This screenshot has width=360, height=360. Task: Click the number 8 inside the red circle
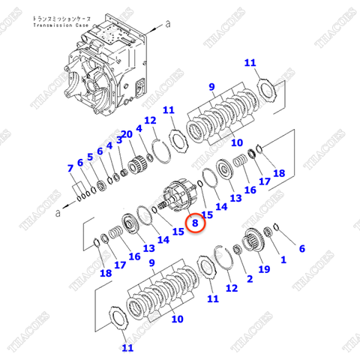coord(195,223)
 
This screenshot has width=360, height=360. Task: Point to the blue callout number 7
coord(70,167)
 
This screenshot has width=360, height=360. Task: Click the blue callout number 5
coord(90,157)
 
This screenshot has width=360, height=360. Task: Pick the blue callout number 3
coord(109,145)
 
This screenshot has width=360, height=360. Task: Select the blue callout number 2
coord(250,279)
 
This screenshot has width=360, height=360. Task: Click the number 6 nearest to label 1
coord(302,248)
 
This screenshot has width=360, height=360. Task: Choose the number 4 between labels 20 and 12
coord(139,129)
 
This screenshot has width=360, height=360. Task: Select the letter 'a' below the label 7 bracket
coord(57,212)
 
